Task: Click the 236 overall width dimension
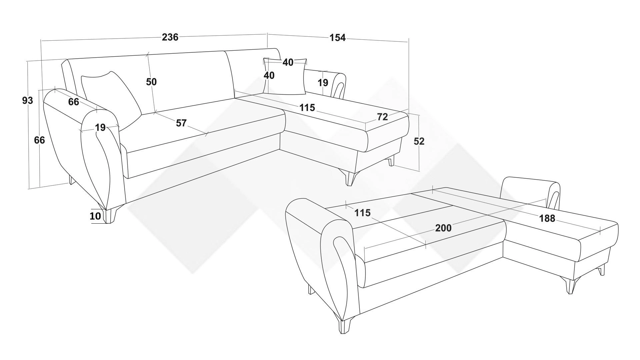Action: coord(170,37)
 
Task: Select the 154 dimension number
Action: coord(338,38)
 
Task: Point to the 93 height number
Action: coord(28,100)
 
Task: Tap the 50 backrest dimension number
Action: coord(151,82)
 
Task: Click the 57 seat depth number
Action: coord(181,123)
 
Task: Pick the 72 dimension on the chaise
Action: coord(382,117)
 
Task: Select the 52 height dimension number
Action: coord(419,141)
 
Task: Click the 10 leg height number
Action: coord(95,216)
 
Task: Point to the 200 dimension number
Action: coord(443,228)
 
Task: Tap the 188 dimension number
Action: coord(547,218)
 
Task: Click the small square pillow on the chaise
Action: coord(285,76)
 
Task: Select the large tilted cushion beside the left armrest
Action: coord(112,100)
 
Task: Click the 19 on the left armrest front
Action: coord(100,127)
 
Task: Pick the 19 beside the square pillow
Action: coord(323,82)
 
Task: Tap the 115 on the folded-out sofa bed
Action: coord(362,213)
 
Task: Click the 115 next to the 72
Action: coord(307,108)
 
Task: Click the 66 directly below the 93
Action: coord(39,140)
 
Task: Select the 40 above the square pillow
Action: coord(288,62)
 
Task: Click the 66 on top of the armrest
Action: coord(74,102)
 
